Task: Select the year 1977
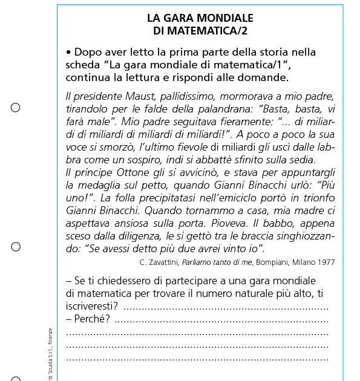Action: pos(326,262)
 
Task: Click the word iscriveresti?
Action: pos(92,305)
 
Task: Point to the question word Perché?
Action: pos(91,317)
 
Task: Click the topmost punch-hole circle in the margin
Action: pos(16,108)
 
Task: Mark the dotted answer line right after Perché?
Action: pos(221,319)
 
